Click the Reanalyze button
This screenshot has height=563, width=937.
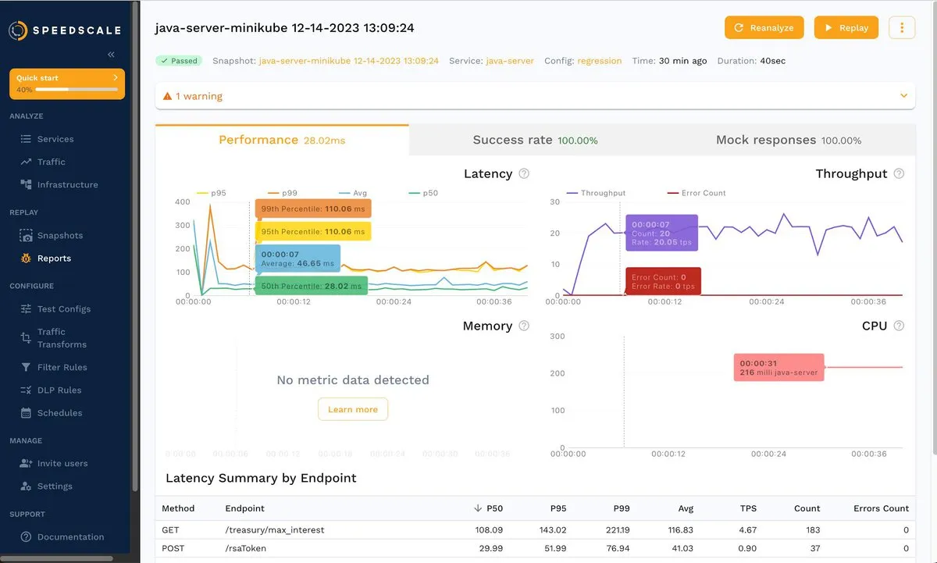764,27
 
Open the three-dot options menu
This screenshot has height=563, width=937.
902,27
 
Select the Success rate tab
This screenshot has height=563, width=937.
535,141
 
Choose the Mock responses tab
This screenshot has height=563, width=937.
788,141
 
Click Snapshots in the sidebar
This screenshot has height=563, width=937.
59,235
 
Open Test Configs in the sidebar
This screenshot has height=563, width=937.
63,308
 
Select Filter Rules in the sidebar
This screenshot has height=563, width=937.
62,367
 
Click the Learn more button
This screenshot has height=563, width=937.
353,409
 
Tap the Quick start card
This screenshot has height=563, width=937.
67,84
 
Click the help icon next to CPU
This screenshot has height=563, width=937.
899,326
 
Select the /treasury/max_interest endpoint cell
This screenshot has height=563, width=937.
274,529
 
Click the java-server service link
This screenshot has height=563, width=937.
510,60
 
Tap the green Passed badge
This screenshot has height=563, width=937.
178,60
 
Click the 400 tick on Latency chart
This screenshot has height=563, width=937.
182,201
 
